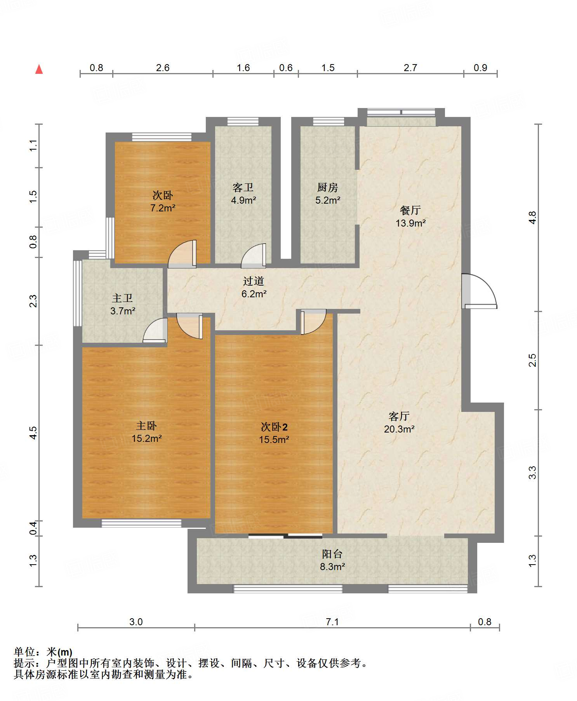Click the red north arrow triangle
(39, 69)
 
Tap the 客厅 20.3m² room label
(399, 423)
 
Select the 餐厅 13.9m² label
(410, 217)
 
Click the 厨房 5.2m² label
(328, 194)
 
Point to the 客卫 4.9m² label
(243, 194)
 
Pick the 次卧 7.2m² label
(163, 201)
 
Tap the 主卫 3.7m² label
(123, 305)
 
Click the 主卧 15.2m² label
(146, 432)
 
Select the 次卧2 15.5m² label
(274, 433)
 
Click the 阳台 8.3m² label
(332, 560)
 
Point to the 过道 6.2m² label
(254, 288)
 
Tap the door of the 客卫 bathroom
(254, 256)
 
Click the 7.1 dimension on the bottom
(332, 622)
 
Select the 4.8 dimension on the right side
(533, 217)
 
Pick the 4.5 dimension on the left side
(33, 432)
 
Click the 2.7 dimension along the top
(410, 68)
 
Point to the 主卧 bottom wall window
(141, 523)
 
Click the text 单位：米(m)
(43, 652)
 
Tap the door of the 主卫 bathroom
(156, 331)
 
